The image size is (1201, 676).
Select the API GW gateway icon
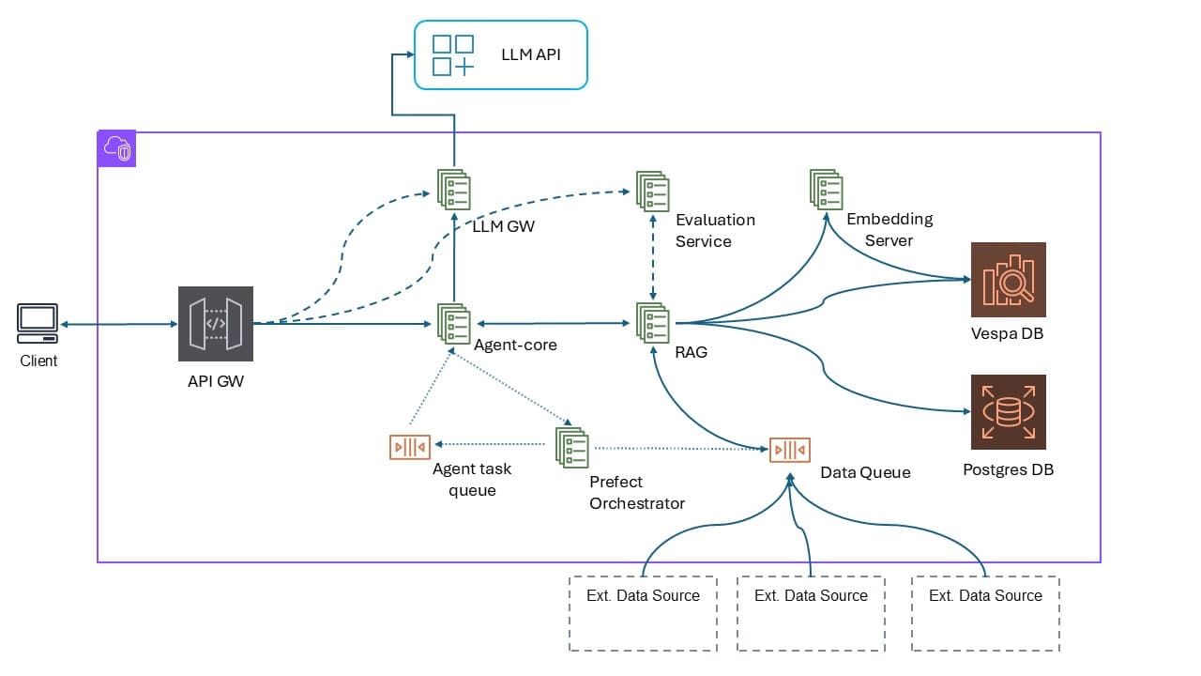215,323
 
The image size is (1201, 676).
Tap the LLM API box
501,55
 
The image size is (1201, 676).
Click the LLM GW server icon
454,189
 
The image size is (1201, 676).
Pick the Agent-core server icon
454,323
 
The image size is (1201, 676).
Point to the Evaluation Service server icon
652,191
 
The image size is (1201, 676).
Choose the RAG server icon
652,323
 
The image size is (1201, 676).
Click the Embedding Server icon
826,189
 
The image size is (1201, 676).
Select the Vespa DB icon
1008,280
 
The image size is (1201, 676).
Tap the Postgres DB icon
1008,412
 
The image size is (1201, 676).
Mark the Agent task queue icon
409,446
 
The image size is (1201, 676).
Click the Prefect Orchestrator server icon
571,447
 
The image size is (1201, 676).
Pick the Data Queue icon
789,450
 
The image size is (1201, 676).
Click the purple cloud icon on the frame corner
117,149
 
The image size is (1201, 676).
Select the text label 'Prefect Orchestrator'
636,493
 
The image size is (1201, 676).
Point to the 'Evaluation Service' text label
714,230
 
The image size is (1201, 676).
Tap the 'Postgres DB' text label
1008,469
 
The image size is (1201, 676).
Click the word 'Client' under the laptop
38,361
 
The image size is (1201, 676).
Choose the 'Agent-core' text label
515,345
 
